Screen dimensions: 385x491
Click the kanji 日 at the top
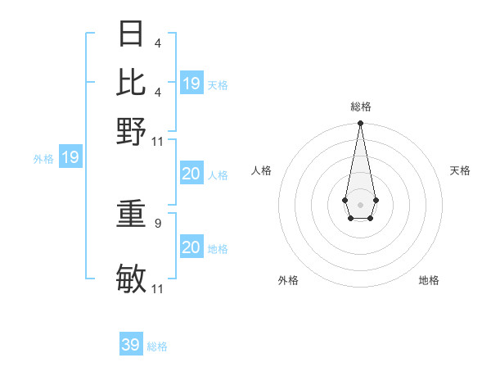[132, 34]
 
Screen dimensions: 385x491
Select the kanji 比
[132, 82]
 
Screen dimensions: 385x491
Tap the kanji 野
[132, 130]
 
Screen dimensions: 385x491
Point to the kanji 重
[132, 215]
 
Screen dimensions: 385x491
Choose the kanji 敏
[132, 279]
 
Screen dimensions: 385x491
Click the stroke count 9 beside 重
[157, 222]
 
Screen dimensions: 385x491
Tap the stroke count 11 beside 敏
[158, 288]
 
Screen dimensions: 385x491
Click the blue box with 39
[131, 345]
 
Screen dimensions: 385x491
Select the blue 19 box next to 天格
[191, 84]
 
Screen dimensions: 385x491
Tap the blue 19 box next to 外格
[70, 157]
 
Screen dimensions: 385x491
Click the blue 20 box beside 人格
[191, 174]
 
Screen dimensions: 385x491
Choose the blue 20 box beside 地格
[191, 247]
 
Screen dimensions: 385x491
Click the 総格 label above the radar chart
[360, 106]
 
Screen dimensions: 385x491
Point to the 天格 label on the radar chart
[460, 170]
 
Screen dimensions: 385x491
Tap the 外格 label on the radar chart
[288, 280]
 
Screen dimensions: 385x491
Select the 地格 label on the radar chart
[429, 280]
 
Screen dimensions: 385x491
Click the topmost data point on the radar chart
[360, 124]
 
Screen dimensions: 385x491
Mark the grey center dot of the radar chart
[360, 203]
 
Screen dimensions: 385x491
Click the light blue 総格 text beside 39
[157, 346]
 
